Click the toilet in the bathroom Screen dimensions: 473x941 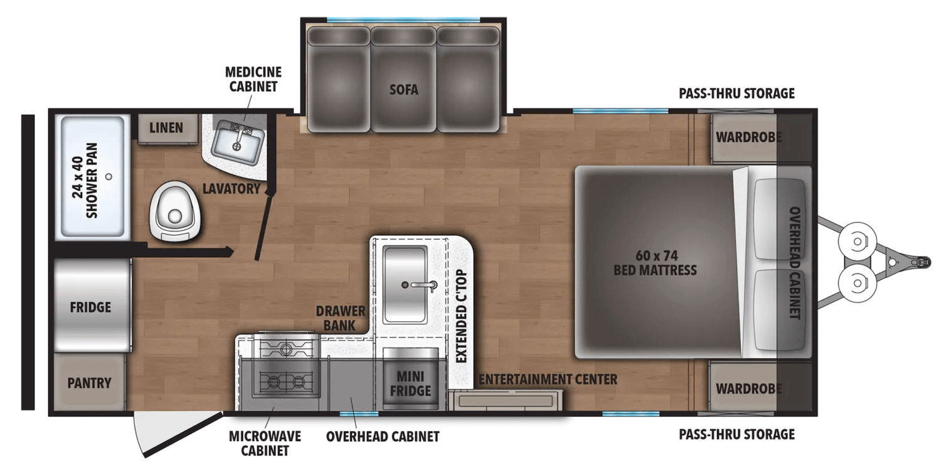coord(174,211)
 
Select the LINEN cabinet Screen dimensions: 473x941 coord(166,128)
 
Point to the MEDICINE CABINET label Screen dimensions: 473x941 coord(252,79)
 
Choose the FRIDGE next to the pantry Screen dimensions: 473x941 coord(90,307)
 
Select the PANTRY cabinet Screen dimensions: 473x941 coord(89,382)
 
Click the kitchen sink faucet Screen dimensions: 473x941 coord(423,284)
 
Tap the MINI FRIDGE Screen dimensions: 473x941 coord(412,383)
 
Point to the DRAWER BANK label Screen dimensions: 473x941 coord(341,318)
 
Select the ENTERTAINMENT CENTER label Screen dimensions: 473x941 coord(548,379)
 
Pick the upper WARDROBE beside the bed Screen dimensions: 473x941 coord(748,136)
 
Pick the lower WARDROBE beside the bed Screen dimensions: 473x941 coord(748,388)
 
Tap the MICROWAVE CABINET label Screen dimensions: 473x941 coord(265,443)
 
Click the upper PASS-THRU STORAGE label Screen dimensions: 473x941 coord(736,93)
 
